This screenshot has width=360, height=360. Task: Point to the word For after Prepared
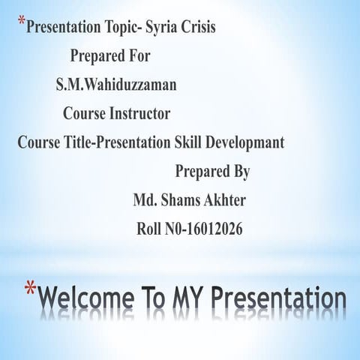(138, 56)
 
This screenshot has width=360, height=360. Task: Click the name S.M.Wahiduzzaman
(116, 85)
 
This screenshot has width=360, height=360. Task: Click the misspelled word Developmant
(248, 142)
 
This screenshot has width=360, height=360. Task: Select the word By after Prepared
(240, 171)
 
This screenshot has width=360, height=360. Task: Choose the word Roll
(150, 229)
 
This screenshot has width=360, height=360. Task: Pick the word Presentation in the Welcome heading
(279, 298)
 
